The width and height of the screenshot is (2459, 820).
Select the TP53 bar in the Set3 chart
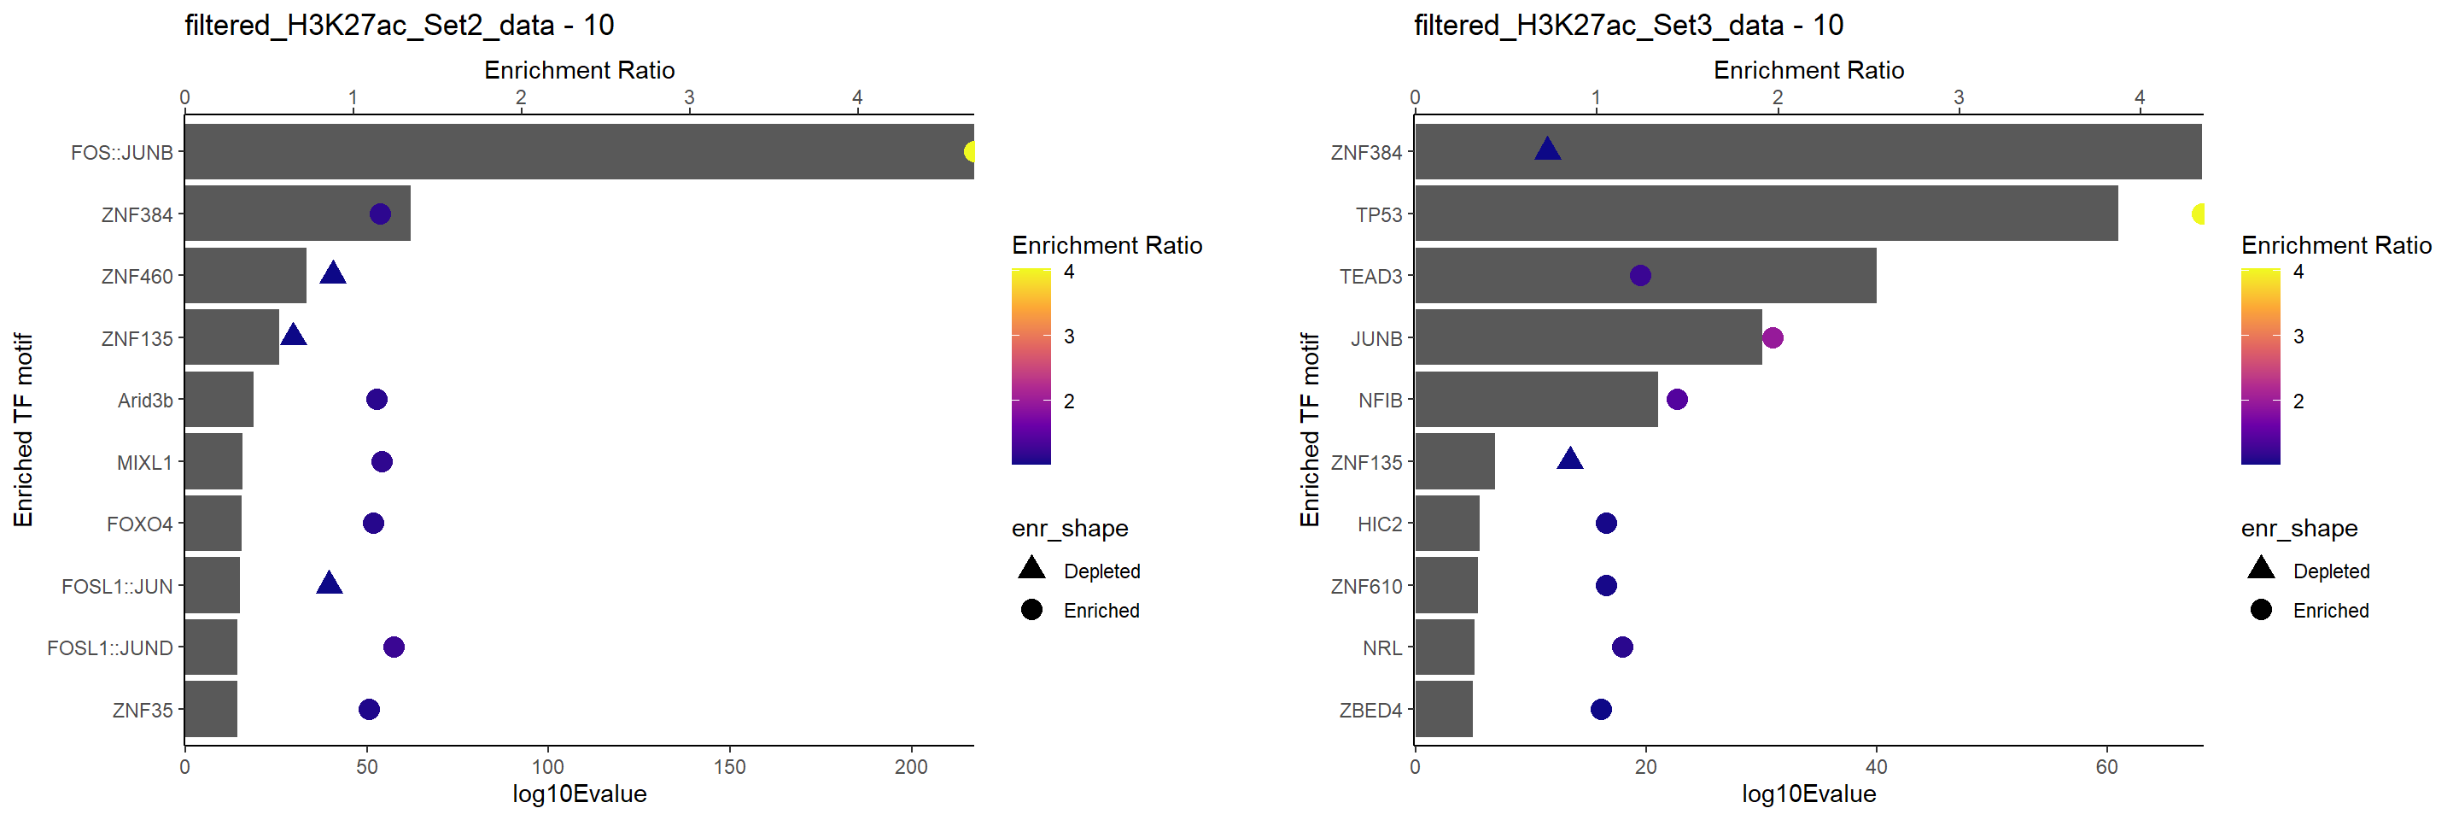tap(1765, 214)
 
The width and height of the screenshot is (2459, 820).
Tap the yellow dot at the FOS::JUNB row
tap(971, 152)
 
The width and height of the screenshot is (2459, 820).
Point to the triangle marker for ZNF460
tap(332, 274)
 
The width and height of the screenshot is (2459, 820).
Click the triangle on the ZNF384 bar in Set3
tap(1547, 149)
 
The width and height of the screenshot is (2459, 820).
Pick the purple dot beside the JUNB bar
tap(1773, 338)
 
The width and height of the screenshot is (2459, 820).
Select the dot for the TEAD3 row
tap(1640, 276)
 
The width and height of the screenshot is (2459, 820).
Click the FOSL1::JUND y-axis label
tap(110, 648)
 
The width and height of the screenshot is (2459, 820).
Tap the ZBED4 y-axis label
tap(1370, 710)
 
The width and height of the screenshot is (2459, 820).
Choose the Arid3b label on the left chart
tap(145, 400)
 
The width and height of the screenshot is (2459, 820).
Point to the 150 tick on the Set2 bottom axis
tap(729, 766)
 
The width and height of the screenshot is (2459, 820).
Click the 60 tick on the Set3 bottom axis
tap(2106, 766)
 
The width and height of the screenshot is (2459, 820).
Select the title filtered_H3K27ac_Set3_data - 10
tap(1627, 25)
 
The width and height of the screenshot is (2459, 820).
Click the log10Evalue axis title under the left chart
tap(580, 794)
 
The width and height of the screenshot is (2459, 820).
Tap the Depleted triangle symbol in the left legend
tap(1031, 569)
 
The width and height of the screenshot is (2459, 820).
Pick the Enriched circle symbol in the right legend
tap(2260, 610)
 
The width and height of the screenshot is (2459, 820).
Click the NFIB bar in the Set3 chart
tap(1536, 400)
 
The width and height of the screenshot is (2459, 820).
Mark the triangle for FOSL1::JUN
tap(330, 584)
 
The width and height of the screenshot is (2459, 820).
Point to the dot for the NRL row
tap(1622, 647)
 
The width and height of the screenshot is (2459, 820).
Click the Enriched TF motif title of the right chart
tap(1309, 430)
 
